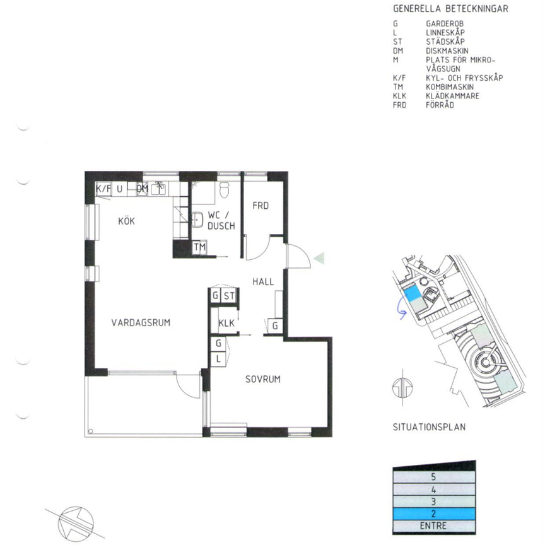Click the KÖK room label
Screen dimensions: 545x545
click(x=126, y=221)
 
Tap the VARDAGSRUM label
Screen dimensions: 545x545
click(x=141, y=322)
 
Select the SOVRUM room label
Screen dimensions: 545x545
click(x=262, y=379)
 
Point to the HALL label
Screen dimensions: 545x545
click(x=263, y=282)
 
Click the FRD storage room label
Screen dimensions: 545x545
click(x=261, y=206)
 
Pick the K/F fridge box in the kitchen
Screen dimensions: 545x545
click(x=103, y=189)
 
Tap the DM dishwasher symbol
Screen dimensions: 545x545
click(x=142, y=189)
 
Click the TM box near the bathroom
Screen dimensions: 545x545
click(x=200, y=247)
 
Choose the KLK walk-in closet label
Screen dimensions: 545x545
click(x=226, y=323)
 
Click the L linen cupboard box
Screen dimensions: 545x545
click(x=218, y=358)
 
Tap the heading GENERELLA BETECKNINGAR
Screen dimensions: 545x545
click(x=450, y=9)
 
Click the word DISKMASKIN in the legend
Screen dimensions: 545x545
click(x=447, y=52)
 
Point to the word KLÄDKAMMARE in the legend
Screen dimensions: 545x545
click(x=452, y=96)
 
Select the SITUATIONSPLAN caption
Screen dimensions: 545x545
click(x=429, y=427)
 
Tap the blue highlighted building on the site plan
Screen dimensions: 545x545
click(x=414, y=295)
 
